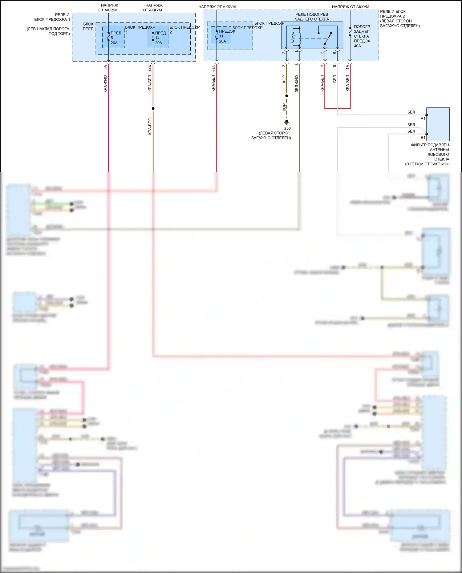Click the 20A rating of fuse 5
(x=114, y=43)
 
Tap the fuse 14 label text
(x=160, y=35)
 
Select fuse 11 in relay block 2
(x=222, y=36)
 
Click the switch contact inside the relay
(x=328, y=38)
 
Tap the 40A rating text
(x=357, y=46)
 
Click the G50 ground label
(x=287, y=128)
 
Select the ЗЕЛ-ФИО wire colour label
(x=297, y=84)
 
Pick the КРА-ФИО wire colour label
(x=105, y=84)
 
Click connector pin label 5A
(x=105, y=67)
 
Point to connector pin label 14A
(x=150, y=68)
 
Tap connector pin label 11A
(x=213, y=68)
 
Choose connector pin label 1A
(x=347, y=67)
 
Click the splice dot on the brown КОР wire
(x=286, y=96)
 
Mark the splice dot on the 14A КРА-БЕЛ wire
(x=153, y=108)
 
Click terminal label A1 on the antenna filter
(x=423, y=119)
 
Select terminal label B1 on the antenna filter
(x=423, y=138)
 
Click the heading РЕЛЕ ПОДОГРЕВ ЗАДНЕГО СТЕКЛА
(x=312, y=17)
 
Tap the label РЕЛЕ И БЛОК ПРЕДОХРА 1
(x=52, y=17)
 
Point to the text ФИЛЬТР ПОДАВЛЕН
(x=430, y=145)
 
